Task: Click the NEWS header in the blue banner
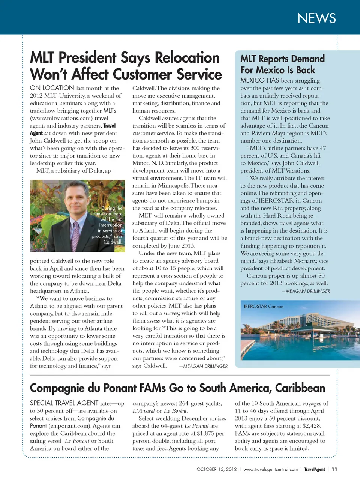tap(316, 18)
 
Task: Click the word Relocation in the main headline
tap(187, 58)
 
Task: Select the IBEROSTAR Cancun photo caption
tap(264, 307)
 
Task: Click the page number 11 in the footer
tap(334, 469)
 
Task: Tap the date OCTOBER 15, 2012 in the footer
tap(217, 469)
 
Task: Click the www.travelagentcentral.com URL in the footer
tap(270, 469)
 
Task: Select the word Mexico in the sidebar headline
tap(270, 70)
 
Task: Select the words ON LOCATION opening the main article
tap(52, 88)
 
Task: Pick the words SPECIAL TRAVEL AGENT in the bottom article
tap(64, 403)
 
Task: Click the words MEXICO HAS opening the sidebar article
tap(260, 80)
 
